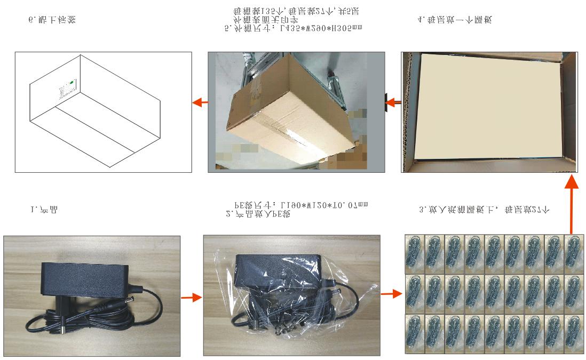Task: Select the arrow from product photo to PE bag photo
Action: (x=188, y=297)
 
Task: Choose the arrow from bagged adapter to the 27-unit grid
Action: (x=391, y=293)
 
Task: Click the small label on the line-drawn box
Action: (x=67, y=90)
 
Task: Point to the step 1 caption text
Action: (x=44, y=210)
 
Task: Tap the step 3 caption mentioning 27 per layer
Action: (x=484, y=210)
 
